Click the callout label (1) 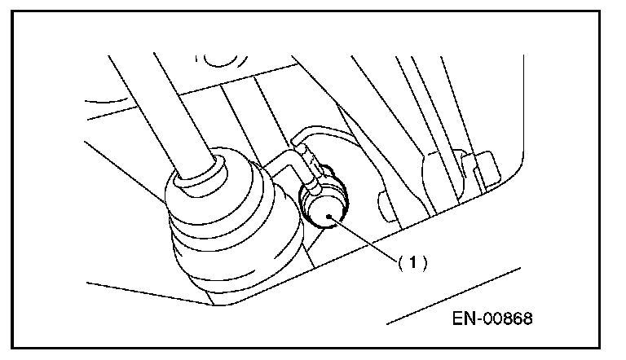[412, 262]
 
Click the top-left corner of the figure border [14, 11]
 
